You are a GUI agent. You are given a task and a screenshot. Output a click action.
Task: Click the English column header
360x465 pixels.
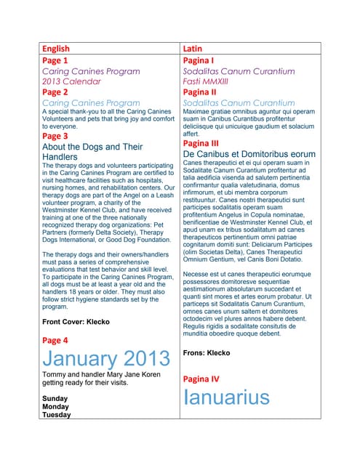pyautogui.click(x=56, y=49)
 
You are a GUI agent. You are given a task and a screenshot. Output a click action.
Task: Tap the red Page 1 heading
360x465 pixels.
pyautogui.click(x=55, y=61)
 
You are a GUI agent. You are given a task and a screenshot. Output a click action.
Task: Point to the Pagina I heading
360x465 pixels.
pyautogui.click(x=198, y=61)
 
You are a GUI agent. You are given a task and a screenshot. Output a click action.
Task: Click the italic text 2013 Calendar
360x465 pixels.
pyautogui.click(x=71, y=81)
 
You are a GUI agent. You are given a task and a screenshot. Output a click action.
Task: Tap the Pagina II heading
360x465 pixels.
pyautogui.click(x=199, y=92)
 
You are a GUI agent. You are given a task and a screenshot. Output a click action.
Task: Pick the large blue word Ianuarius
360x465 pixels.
pyautogui.click(x=226, y=397)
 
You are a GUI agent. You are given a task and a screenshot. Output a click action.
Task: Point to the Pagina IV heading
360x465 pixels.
pyautogui.click(x=201, y=379)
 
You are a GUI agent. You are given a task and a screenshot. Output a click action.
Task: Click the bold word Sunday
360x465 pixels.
pyautogui.click(x=55, y=399)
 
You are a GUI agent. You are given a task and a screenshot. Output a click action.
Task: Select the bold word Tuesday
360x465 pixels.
pyautogui.click(x=57, y=416)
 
